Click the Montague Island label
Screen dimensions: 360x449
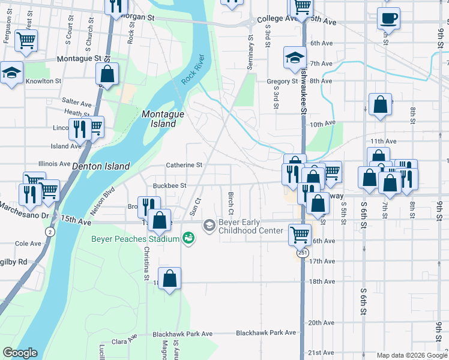[159, 119]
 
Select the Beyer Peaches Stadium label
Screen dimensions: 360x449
[136, 239]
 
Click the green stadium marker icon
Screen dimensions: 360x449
[188, 239]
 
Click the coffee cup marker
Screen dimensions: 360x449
[388, 18]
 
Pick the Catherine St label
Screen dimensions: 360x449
[184, 165]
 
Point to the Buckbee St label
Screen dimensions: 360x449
[170, 186]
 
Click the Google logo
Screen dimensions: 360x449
[20, 353]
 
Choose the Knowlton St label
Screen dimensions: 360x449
[43, 81]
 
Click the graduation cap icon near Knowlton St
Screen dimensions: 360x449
[11, 73]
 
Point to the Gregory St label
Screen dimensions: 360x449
[283, 82]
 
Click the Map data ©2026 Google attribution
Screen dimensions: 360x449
[411, 355]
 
